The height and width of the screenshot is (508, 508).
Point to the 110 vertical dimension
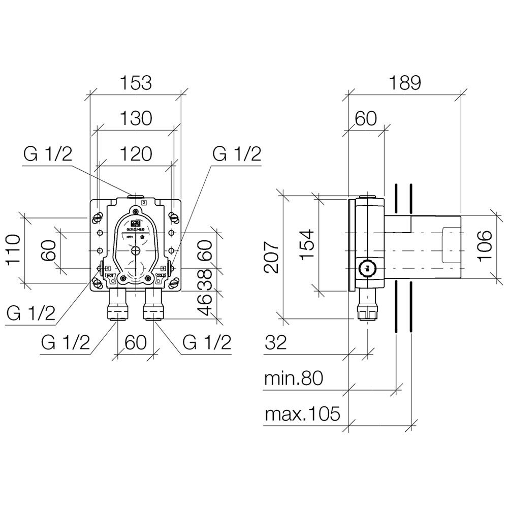[x=12, y=249]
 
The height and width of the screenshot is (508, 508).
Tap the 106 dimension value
[x=485, y=245]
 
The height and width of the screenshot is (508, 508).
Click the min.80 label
[x=294, y=379]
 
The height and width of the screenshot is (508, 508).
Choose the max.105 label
[x=302, y=415]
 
